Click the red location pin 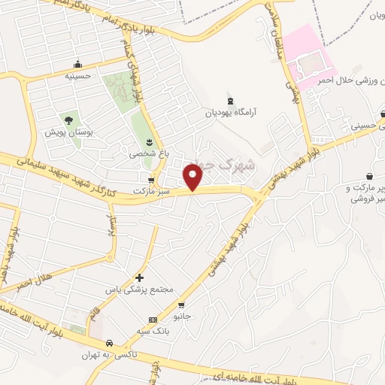pyautogui.click(x=194, y=176)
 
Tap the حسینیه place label pyautogui.click(x=77, y=75)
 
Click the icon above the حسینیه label pyautogui.click(x=77, y=64)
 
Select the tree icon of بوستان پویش pyautogui.click(x=68, y=120)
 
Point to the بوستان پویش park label pyautogui.click(x=68, y=132)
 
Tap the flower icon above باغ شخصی pyautogui.click(x=149, y=142)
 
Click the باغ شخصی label pyautogui.click(x=147, y=153)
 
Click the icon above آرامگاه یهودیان pyautogui.click(x=230, y=100)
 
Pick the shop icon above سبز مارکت pyautogui.click(x=153, y=180)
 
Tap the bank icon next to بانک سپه pyautogui.click(x=153, y=320)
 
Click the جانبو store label pyautogui.click(x=183, y=317)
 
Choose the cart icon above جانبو pyautogui.click(x=181, y=305)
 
